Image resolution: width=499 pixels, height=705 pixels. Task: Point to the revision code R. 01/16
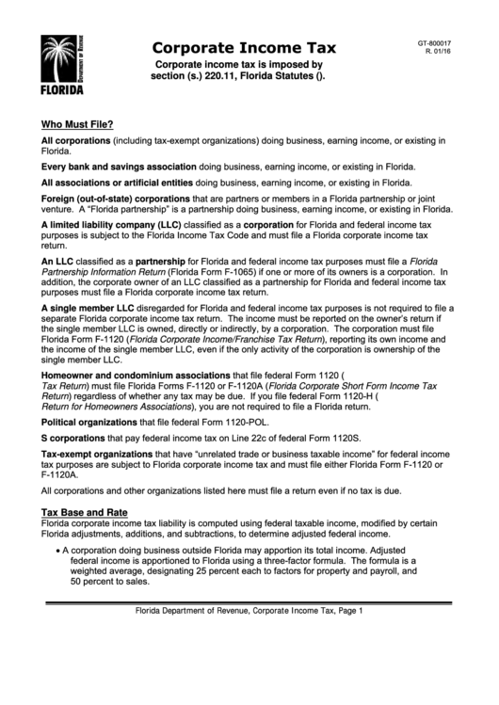(x=440, y=53)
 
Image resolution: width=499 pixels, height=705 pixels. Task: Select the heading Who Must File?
(x=77, y=123)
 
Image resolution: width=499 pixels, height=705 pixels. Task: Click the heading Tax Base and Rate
(x=84, y=511)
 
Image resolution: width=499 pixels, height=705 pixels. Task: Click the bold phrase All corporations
(x=75, y=139)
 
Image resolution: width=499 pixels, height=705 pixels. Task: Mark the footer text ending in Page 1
(x=249, y=611)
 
